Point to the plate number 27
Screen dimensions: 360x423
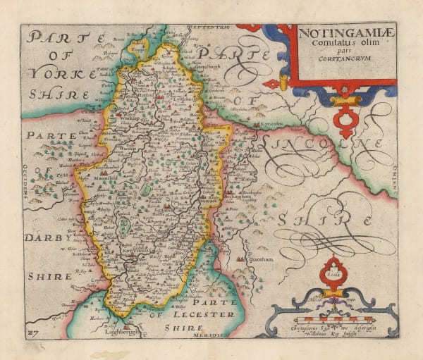(32, 330)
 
